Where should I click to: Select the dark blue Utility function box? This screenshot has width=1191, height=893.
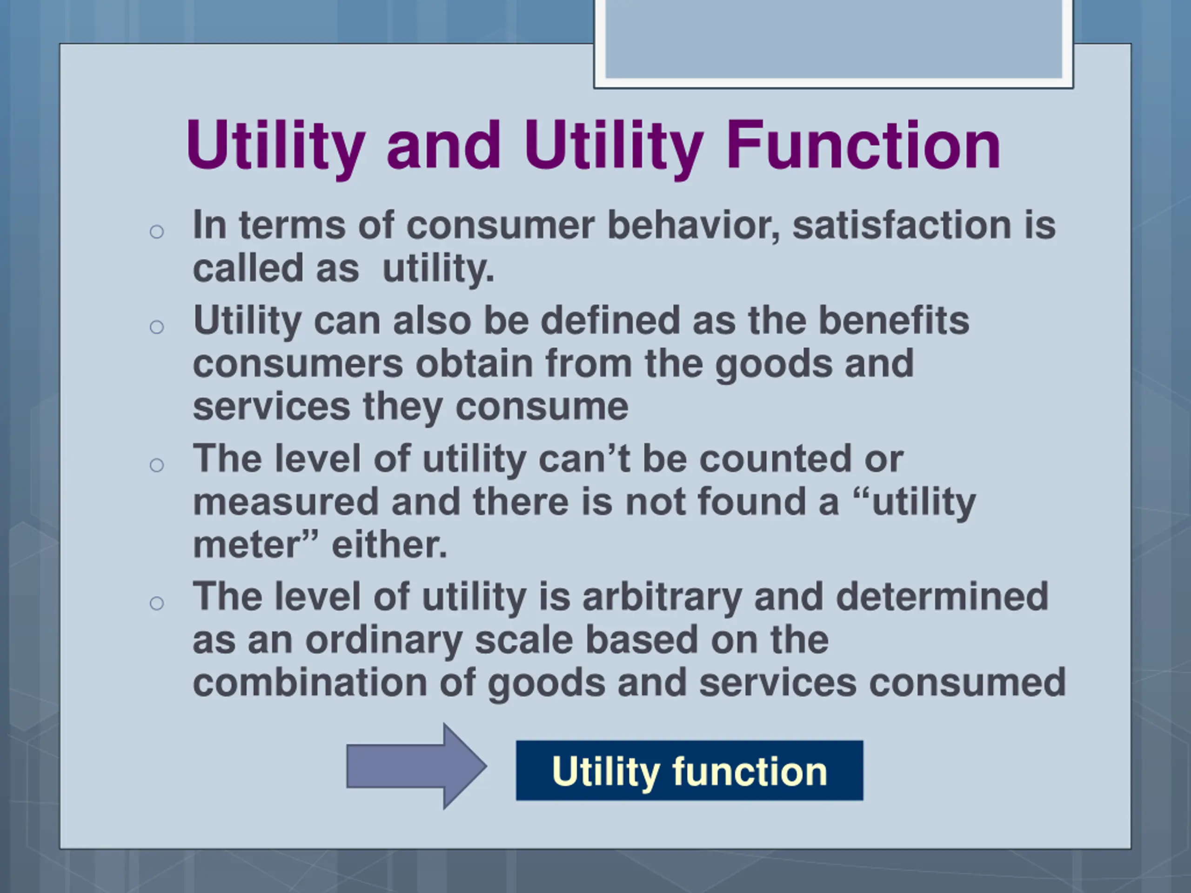tap(689, 770)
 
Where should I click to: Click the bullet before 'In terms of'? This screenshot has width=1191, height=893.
tap(157, 232)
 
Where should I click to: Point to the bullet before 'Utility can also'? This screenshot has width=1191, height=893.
tap(157, 327)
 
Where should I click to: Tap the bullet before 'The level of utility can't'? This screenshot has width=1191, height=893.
tap(157, 465)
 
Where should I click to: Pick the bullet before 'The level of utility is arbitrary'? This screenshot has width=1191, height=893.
tap(157, 603)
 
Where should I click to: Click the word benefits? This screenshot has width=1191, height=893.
tap(893, 320)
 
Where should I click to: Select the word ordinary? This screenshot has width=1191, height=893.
tap(384, 640)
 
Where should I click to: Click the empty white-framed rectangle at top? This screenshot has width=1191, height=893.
tap(833, 40)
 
